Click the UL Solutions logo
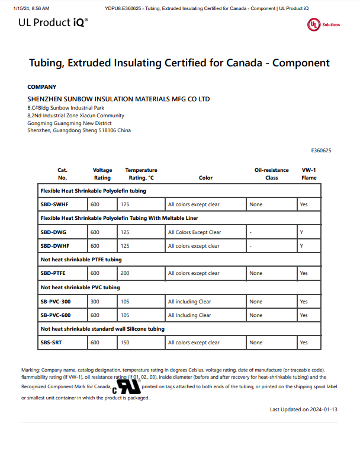tap(323, 25)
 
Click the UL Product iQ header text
tap(54, 23)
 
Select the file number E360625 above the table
tap(321, 151)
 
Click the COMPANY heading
tap(42, 87)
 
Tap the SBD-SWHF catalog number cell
tap(54, 204)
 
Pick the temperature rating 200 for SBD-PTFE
tap(125, 273)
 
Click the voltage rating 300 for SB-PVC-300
tap(95, 302)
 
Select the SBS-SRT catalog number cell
tap(52, 343)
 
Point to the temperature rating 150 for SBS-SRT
tap(125, 343)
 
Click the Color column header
tap(205, 178)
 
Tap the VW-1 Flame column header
tap(308, 174)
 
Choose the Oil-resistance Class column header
tap(271, 174)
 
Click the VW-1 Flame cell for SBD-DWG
tap(301, 232)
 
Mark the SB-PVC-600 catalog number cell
tap(56, 315)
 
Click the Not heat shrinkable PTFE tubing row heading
tap(81, 260)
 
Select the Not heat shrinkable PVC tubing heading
tap(80, 287)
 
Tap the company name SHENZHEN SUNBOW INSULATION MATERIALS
tap(118, 99)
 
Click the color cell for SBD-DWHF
tap(194, 246)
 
